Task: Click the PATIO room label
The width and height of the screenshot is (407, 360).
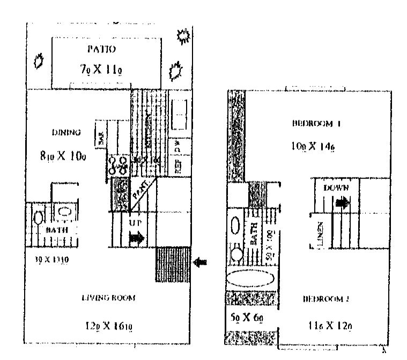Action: [101, 49]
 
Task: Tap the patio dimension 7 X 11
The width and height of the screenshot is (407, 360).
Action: [101, 69]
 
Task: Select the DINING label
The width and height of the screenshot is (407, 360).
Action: [66, 132]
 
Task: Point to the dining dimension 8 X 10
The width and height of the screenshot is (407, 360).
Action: [63, 156]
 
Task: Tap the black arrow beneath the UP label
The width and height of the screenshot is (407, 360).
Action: [137, 238]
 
